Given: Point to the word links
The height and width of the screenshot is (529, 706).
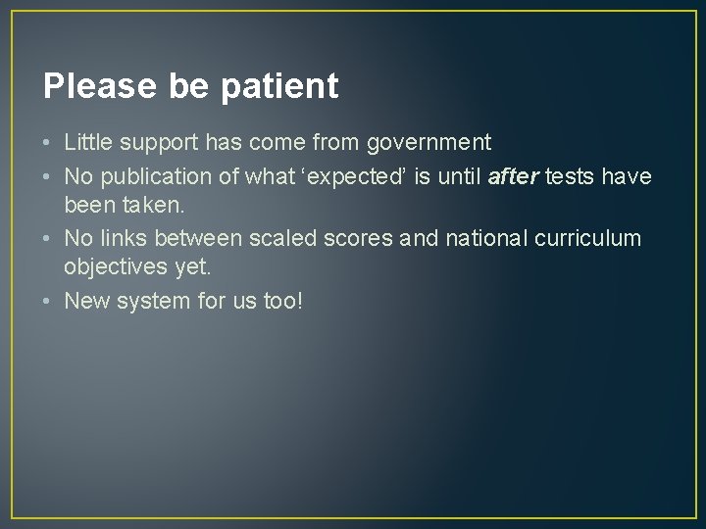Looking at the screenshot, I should click(x=120, y=237).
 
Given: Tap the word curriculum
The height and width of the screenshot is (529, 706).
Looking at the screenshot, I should click(x=592, y=237).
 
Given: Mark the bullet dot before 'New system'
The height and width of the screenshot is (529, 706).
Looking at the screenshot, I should click(x=48, y=300).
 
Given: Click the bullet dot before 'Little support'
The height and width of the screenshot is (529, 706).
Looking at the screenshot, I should click(x=48, y=143).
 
